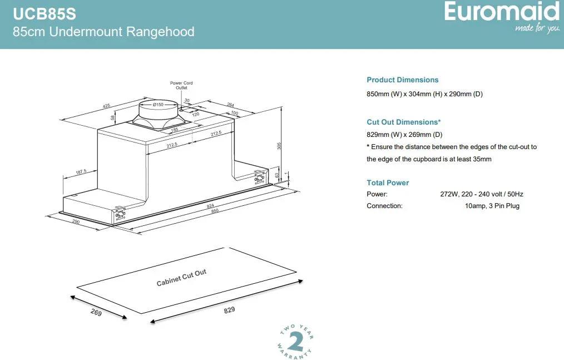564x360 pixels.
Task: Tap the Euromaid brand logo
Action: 501,12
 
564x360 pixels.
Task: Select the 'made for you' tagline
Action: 537,28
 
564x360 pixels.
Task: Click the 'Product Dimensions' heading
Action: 402,80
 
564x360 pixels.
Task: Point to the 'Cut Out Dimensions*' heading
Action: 403,122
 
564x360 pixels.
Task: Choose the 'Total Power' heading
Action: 388,183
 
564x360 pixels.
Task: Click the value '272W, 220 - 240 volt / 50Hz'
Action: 481,194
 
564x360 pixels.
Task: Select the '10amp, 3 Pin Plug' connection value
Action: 492,206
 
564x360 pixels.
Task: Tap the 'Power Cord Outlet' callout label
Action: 181,85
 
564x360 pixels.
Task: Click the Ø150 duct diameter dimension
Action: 158,105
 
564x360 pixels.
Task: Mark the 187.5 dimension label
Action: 81,172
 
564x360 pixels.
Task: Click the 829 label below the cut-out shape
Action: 229,310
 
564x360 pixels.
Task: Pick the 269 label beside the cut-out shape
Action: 96,313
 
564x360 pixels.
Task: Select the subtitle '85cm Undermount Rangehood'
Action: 103,32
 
